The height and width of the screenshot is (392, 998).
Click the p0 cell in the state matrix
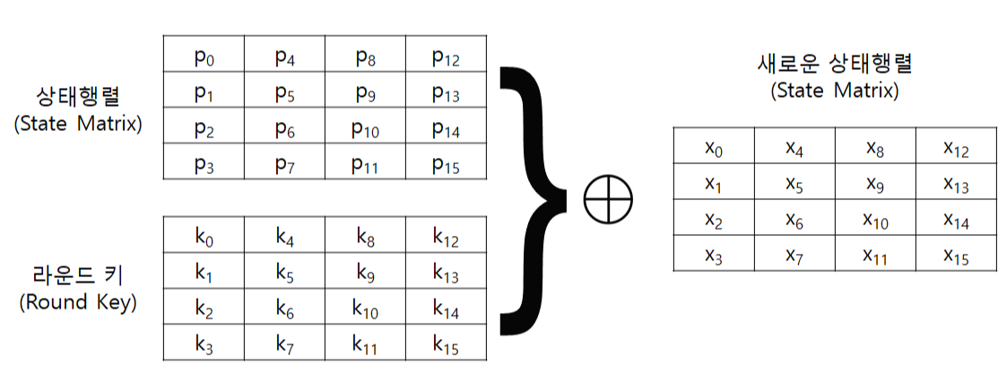coord(204,57)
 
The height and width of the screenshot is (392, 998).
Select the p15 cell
coord(446,164)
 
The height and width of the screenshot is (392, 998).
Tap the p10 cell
coord(365,128)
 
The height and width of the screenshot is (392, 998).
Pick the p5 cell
coord(284,92)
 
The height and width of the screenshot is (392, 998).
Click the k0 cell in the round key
coord(204,237)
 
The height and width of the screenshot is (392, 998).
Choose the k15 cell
coord(446,343)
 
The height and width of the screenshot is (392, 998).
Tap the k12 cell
coord(446,237)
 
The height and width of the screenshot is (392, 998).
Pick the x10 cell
coord(875,220)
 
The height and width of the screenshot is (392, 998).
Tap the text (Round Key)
coord(78,303)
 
